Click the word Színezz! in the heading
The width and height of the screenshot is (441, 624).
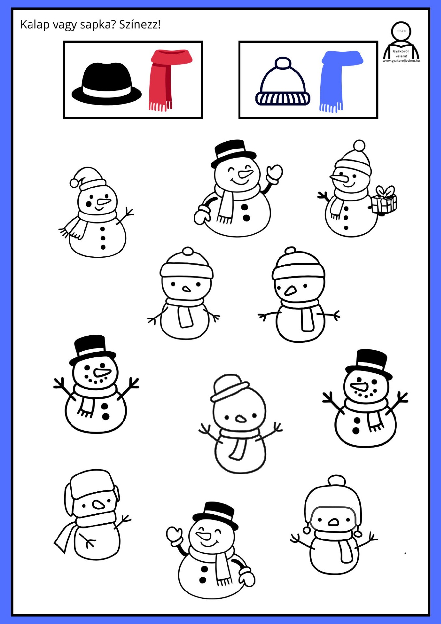140,25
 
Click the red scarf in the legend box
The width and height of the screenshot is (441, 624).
170,80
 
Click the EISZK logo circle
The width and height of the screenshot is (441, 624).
401,31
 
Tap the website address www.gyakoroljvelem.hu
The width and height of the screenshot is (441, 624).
401,61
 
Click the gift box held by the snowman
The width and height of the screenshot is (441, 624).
384,200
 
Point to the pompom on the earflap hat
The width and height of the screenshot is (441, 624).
336,481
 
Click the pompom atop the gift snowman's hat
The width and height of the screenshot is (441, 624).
359,146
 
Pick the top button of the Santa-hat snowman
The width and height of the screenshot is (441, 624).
103,229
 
